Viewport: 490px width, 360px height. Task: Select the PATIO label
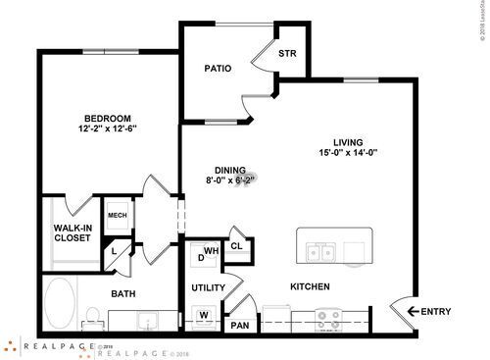217,70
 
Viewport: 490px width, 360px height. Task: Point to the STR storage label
287,53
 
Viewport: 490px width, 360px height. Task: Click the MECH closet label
117,215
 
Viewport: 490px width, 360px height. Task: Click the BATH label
122,293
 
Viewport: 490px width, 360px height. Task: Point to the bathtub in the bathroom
62,304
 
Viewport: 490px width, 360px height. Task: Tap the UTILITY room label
209,287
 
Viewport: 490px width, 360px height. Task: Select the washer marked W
204,315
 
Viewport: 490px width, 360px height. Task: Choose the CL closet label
237,246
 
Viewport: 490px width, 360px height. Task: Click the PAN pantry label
239,323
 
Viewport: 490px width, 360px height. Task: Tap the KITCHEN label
309,287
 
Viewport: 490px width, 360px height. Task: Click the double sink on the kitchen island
320,253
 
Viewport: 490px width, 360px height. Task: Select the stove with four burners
329,318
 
